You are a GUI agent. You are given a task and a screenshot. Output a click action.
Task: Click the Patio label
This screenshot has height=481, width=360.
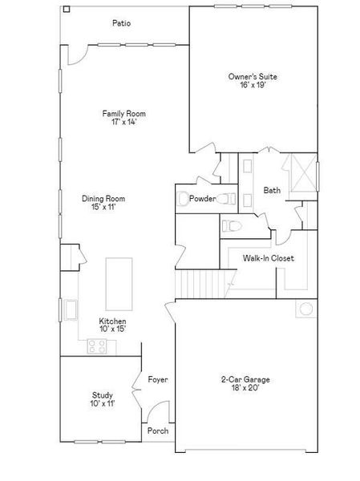coord(122,23)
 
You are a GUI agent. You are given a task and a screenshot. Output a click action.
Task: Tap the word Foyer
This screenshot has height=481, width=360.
coord(158,379)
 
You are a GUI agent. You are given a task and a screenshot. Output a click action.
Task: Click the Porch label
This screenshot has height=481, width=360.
coord(158,430)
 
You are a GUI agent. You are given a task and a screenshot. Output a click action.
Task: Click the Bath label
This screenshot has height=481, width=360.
coord(273,190)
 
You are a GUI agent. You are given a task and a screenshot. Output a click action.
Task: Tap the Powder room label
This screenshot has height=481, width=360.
coord(203,199)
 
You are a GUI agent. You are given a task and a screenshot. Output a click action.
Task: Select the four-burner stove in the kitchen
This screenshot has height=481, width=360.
coord(98,346)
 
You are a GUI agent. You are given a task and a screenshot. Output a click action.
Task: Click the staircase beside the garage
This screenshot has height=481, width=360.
coord(199,283)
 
